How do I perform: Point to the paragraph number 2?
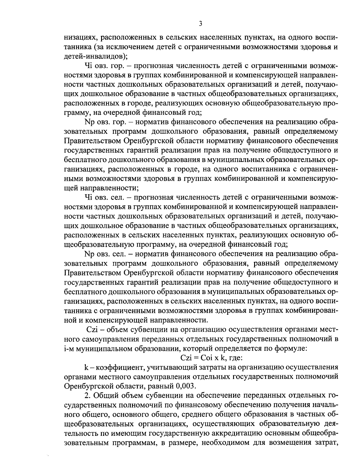coord(87,395)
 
